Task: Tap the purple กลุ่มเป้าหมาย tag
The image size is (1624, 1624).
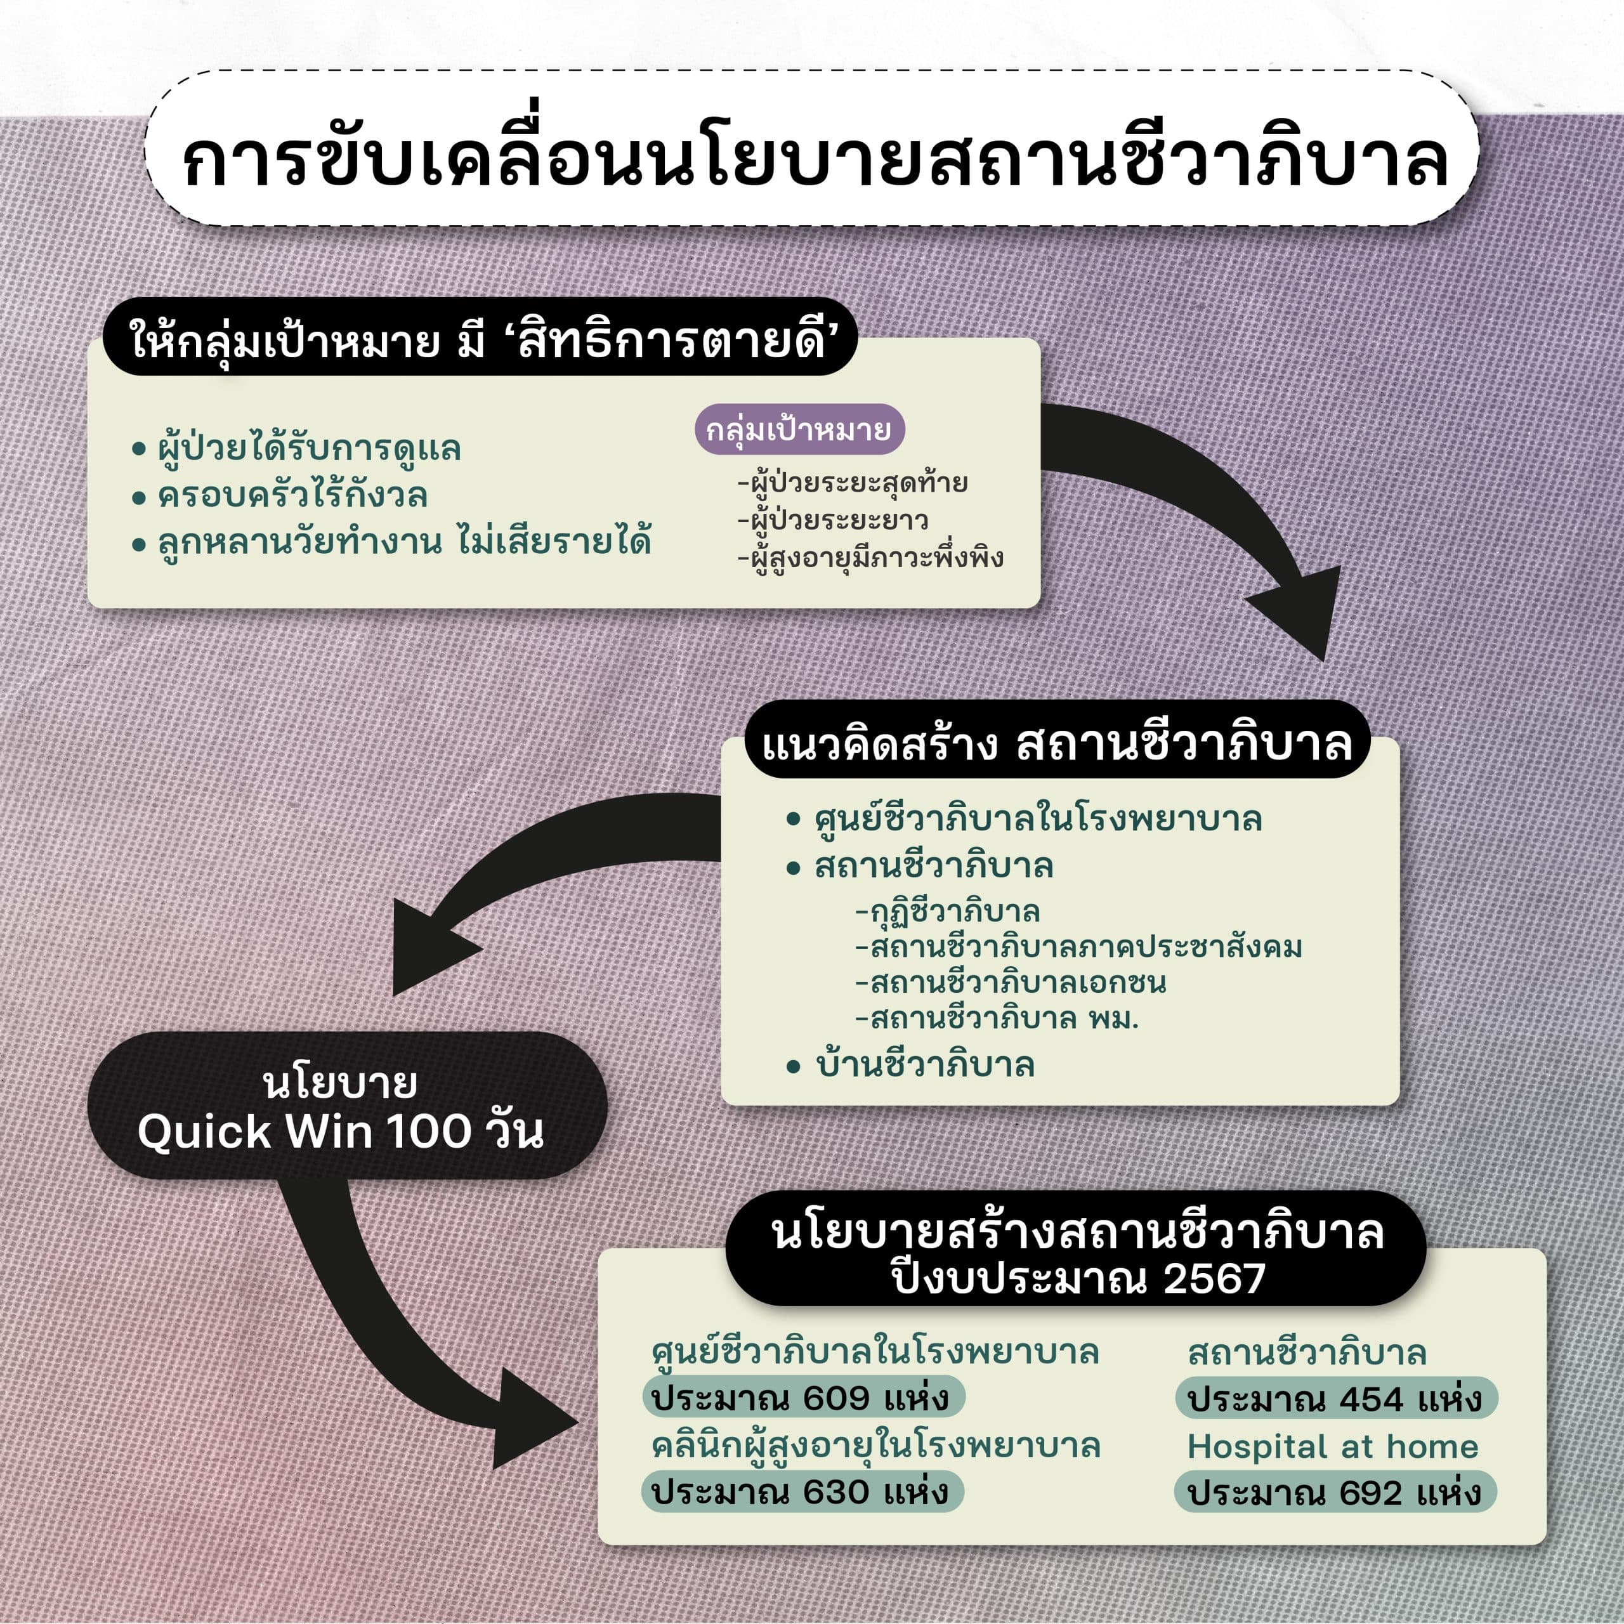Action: point(799,430)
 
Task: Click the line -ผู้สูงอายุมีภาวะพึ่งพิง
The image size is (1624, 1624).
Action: point(870,558)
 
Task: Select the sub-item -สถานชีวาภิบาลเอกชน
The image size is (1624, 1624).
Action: point(1011,983)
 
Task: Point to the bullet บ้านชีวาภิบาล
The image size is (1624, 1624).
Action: point(925,1065)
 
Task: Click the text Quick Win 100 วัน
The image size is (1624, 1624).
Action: point(341,1132)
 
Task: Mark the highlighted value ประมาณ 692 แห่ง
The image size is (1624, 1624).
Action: point(1334,1493)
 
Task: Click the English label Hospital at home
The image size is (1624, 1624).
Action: point(1332,1446)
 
